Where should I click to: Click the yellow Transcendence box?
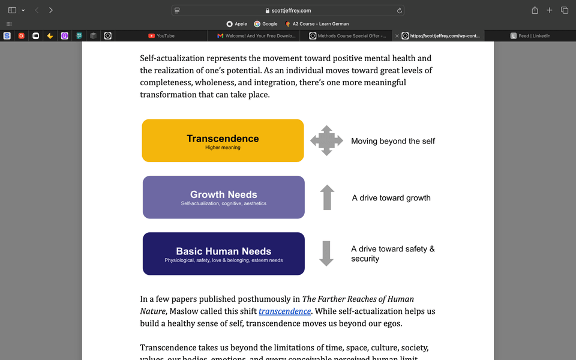[223, 140]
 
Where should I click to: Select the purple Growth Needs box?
[223, 197]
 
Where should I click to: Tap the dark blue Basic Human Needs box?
[223, 254]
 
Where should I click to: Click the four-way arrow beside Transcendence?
[326, 141]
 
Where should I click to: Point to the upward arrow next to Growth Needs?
[327, 197]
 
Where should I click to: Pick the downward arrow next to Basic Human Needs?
[326, 253]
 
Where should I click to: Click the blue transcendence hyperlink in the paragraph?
[284, 311]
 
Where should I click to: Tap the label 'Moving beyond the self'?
[392, 141]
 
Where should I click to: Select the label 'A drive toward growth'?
[391, 198]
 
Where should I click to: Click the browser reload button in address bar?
[400, 10]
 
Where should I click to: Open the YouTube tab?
[161, 36]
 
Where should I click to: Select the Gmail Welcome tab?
[256, 36]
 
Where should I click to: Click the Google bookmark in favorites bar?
[266, 24]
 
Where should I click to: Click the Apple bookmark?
[236, 24]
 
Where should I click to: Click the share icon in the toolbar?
[535, 10]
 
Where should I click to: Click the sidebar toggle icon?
[12, 10]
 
